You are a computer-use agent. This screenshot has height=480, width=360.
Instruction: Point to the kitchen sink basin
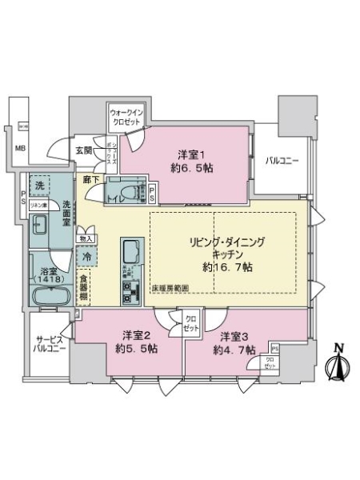click(130, 254)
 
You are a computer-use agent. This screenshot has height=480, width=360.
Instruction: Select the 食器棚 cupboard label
click(83, 287)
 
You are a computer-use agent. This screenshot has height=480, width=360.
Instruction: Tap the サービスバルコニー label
click(48, 343)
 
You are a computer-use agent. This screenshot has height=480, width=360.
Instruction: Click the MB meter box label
click(18, 148)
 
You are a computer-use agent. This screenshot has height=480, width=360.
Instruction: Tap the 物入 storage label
click(86, 238)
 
